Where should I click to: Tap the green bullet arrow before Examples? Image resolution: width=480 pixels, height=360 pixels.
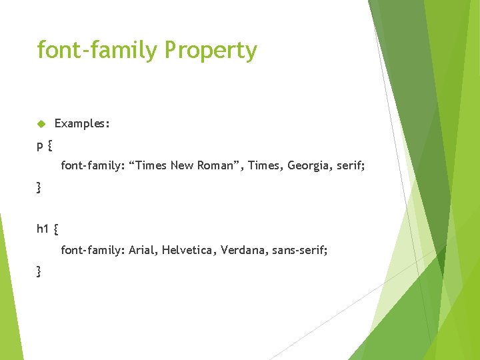coord(41,124)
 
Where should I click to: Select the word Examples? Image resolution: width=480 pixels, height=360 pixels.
coord(82,124)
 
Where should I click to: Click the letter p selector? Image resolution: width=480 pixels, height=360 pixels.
coord(41,144)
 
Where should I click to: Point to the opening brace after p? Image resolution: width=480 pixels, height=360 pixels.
coord(51,144)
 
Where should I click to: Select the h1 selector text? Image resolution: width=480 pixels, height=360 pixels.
coord(43,229)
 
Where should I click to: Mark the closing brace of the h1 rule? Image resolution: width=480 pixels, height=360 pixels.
coord(39,271)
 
